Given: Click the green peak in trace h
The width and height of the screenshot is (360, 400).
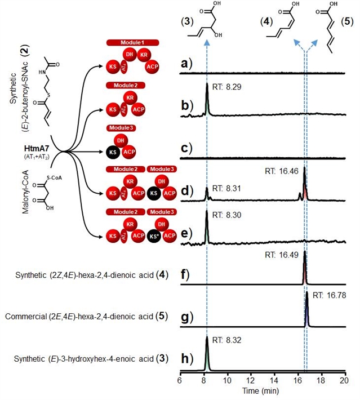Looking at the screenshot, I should (207, 355).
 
